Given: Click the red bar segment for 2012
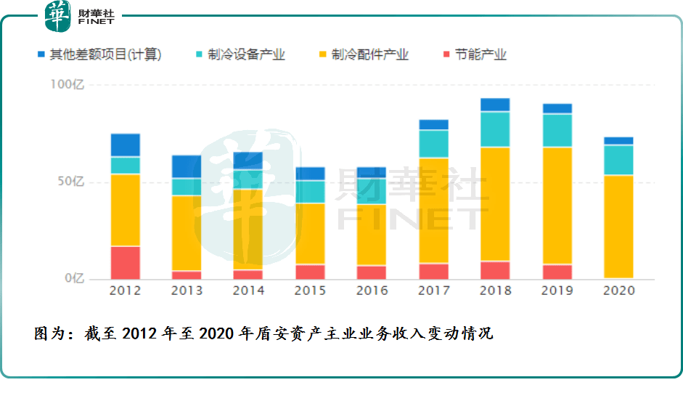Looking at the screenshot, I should (x=125, y=262).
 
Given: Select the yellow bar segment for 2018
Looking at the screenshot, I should (x=495, y=204).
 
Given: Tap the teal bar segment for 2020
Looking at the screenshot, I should (x=618, y=160).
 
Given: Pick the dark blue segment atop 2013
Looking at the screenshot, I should (x=187, y=166).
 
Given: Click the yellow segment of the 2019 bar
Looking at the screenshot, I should (x=557, y=206).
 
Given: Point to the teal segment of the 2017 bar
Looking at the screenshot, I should (x=433, y=144).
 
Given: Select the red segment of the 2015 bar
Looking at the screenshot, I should (x=310, y=272).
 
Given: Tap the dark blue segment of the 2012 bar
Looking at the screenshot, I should (x=125, y=145).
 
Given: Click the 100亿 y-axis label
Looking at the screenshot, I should (x=68, y=84).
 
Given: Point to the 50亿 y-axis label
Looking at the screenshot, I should (x=70, y=182).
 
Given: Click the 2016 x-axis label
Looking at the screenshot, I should (x=372, y=291).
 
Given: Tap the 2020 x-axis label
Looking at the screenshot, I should (x=618, y=291).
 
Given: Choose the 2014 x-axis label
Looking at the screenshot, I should (x=248, y=291).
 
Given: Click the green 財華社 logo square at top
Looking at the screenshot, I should (x=58, y=16).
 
